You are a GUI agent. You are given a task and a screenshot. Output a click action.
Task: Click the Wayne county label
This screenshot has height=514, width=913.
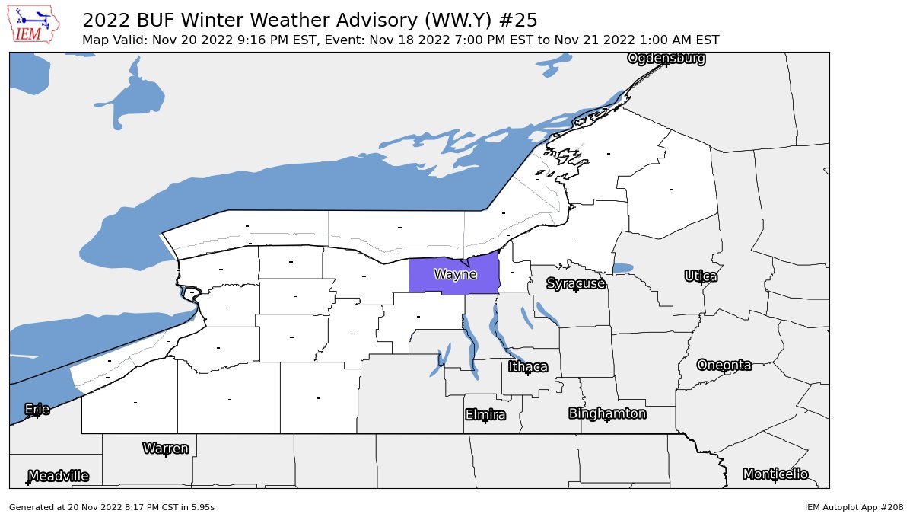coord(455,274)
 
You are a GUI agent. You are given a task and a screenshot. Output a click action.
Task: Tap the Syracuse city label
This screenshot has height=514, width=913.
coord(576,284)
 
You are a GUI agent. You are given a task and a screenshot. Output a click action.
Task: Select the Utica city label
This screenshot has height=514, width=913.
coord(701,276)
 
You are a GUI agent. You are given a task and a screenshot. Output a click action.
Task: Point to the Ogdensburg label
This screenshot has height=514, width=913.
coord(666,59)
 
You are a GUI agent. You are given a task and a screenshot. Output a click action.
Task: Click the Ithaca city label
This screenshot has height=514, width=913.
coord(528,367)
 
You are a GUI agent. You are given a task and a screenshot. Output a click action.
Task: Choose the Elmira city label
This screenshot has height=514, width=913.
coord(485,415)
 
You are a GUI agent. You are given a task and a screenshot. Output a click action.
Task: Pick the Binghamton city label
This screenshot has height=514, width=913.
coord(607,414)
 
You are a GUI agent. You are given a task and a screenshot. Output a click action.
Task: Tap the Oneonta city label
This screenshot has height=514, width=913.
coord(724,366)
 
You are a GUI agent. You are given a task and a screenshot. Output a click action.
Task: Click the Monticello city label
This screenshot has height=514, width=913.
coord(775,474)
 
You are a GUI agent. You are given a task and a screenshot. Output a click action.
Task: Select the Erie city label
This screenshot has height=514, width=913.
coord(37,410)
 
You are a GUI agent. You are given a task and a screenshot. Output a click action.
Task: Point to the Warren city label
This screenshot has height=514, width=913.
coord(165,449)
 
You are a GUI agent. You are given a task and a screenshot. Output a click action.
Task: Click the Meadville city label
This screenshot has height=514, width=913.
coord(58,477)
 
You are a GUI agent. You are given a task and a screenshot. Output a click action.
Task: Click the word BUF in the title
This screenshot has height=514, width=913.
coord(149,20)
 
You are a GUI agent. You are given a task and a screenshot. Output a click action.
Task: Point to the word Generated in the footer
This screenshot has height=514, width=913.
coord(30,506)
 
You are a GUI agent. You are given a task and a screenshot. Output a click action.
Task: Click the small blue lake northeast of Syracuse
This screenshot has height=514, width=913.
coord(622,268)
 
